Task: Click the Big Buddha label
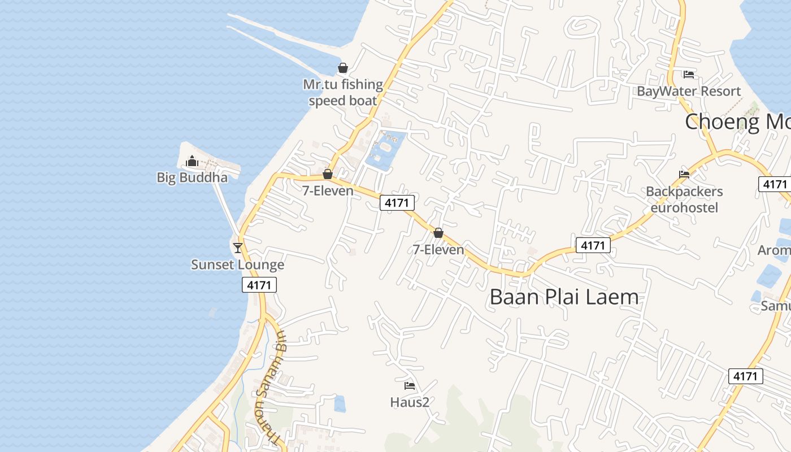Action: coord(192,177)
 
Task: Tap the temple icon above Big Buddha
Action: coord(192,162)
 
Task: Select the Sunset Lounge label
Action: coord(237,264)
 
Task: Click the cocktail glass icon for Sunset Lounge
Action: coord(237,247)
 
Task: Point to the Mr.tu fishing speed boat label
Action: coord(343,93)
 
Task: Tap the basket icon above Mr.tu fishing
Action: coord(342,68)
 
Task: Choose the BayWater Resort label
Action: coord(689,92)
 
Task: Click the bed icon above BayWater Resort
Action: coord(688,74)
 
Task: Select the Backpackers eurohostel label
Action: coord(684,199)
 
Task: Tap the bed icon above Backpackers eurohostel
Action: coord(684,174)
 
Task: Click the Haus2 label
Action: coord(410,402)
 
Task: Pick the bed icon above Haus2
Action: coord(410,386)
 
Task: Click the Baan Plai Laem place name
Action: coord(564,297)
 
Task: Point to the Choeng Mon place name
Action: coord(737,121)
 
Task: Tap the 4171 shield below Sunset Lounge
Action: coord(259,285)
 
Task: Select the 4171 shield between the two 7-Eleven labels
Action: coord(397,202)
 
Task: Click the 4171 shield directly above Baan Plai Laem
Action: coord(593,245)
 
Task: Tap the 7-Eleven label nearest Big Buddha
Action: coord(328,190)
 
